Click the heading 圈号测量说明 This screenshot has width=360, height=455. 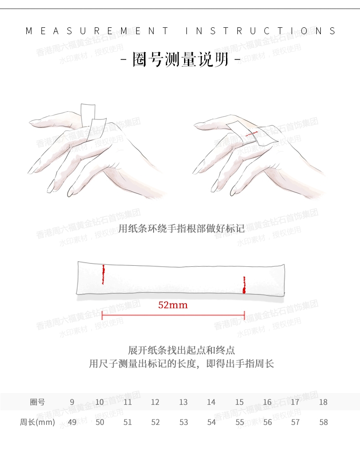click(180, 59)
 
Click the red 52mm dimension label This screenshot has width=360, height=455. click(173, 305)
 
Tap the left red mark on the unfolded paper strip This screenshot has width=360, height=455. click(103, 274)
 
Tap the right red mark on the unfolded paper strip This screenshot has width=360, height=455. click(244, 284)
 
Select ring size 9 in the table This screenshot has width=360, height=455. click(72, 402)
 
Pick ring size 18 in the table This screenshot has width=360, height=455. click(323, 402)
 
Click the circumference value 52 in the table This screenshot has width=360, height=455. click(155, 422)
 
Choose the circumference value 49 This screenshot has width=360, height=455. click(72, 422)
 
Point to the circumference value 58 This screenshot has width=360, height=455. click(324, 422)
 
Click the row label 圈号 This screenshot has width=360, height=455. click(37, 402)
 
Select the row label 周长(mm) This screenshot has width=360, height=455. click(37, 422)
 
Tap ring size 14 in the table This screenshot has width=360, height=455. click(211, 402)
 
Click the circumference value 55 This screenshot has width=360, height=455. click(240, 422)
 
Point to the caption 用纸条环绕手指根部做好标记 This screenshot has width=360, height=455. click(181, 229)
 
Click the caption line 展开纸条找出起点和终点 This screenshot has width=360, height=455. click(181, 350)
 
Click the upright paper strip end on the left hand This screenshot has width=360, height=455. click(88, 114)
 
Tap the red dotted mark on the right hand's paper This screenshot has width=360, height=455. click(251, 134)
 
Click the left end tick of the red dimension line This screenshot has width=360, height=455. click(102, 315)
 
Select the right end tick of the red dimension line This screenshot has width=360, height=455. click(245, 315)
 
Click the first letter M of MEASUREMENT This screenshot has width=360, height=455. click(29, 31)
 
